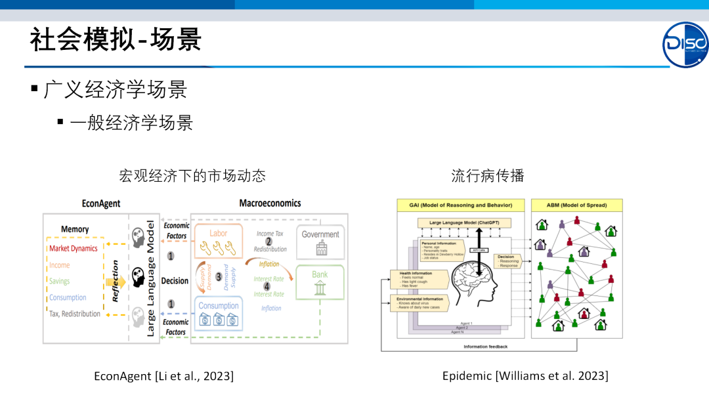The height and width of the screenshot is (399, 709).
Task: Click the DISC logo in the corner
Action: point(685,44)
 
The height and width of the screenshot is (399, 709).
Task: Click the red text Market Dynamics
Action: point(73,249)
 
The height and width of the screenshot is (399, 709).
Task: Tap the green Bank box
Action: point(320,282)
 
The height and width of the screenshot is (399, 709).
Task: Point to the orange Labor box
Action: point(218,243)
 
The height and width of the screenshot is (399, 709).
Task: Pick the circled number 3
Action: point(219,277)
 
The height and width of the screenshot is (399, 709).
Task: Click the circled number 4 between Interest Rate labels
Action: point(267,287)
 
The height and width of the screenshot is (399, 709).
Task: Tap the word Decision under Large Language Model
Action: point(175,281)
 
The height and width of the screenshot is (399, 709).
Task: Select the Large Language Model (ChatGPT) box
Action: point(463,223)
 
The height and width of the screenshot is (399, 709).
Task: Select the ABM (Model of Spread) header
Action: point(576,205)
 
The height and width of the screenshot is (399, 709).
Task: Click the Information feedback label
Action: point(485,346)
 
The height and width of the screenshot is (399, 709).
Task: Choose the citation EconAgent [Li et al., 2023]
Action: point(163,376)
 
